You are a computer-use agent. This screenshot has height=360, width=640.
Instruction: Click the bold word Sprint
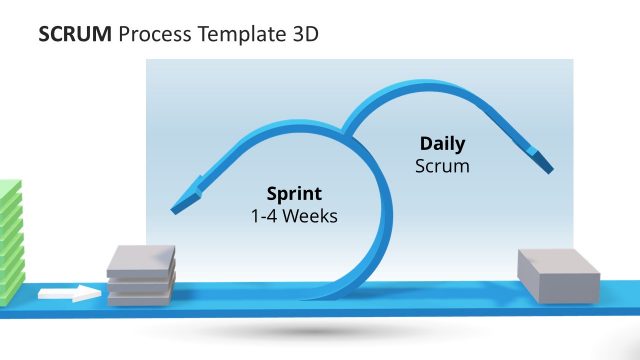click(x=294, y=194)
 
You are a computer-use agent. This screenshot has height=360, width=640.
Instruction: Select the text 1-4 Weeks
click(x=294, y=215)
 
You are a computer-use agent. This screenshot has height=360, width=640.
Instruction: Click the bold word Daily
click(x=442, y=144)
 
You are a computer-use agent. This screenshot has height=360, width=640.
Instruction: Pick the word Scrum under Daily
click(x=442, y=165)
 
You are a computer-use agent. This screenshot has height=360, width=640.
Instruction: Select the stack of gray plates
click(x=141, y=275)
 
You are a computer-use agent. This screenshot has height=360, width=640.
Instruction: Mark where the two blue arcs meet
click(x=346, y=133)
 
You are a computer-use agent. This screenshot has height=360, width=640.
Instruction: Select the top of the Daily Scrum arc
click(x=420, y=88)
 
